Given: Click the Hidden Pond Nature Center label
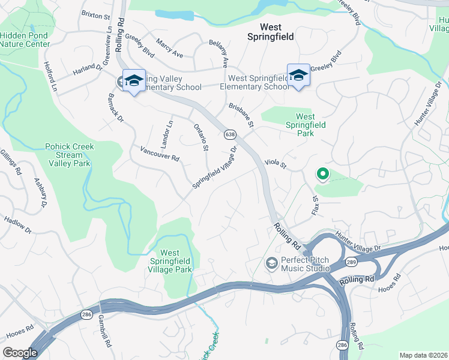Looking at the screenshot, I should [x=23, y=40].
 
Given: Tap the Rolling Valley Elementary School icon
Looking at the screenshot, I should [x=134, y=81].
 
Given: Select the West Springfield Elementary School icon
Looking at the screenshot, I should [x=298, y=76].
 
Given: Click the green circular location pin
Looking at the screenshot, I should [x=322, y=175].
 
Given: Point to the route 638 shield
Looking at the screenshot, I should [x=230, y=134].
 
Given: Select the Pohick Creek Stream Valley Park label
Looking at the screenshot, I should [x=70, y=155].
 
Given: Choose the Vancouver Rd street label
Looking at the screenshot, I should [x=159, y=154].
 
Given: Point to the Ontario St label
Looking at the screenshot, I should [x=201, y=137].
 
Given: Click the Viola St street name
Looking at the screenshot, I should [x=276, y=163].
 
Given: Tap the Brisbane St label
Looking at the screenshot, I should [x=242, y=115].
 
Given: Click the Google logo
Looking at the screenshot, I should [x=20, y=353].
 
